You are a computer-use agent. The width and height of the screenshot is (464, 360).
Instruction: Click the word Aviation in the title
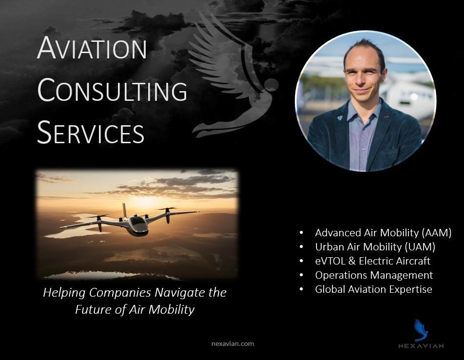pyautogui.click(x=92, y=48)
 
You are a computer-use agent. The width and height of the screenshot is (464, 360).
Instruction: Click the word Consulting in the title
pyautogui.click(x=112, y=90)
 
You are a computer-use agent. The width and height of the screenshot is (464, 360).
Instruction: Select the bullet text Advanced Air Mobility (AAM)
pyautogui.click(x=383, y=233)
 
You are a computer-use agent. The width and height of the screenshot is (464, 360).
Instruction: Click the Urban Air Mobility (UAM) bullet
pyautogui.click(x=375, y=246)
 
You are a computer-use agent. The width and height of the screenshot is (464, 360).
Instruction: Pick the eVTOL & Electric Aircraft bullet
pyautogui.click(x=372, y=261)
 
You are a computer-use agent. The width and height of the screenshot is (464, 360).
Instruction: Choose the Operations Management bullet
pyautogui.click(x=374, y=275)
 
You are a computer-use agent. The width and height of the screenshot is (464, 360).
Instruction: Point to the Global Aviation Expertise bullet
pyautogui.click(x=373, y=289)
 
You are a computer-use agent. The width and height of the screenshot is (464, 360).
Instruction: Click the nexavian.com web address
pyautogui.click(x=232, y=344)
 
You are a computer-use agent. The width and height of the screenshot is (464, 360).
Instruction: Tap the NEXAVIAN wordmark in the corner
pyautogui.click(x=421, y=346)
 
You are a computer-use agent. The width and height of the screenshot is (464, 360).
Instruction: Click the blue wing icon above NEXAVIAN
pyautogui.click(x=421, y=330)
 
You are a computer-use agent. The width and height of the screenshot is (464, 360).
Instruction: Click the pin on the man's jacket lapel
pyautogui.click(x=340, y=118)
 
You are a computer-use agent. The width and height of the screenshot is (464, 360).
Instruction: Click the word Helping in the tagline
pyautogui.click(x=64, y=293)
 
